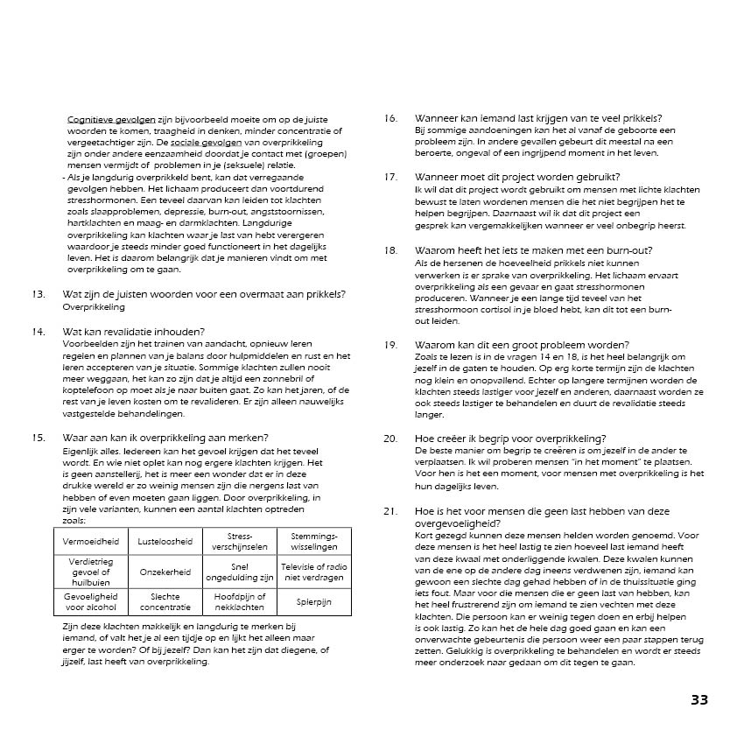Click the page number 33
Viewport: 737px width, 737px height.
pos(698,699)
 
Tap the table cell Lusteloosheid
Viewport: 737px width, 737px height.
pos(165,541)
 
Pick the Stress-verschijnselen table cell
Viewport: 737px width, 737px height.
pos(239,541)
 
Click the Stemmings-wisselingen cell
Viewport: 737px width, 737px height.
pos(314,541)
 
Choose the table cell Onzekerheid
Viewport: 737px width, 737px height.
pos(165,572)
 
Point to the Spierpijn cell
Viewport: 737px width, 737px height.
pos(314,603)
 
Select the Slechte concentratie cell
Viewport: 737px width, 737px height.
pos(165,603)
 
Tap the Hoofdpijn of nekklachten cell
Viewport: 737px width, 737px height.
pos(239,603)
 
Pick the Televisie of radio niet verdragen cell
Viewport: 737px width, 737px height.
pos(314,572)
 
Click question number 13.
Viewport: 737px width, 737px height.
pos(38,294)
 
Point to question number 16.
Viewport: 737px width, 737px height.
pos(390,118)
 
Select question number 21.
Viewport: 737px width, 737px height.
pos(390,510)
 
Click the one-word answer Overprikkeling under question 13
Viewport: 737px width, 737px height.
pos(94,307)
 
